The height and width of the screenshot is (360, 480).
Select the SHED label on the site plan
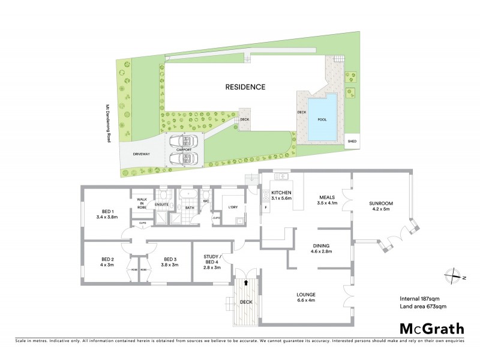click(x=352, y=142)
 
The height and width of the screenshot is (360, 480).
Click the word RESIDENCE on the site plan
click(x=245, y=87)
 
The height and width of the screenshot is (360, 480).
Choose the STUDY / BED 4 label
click(x=213, y=260)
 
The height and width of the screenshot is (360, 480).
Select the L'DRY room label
click(x=233, y=208)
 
